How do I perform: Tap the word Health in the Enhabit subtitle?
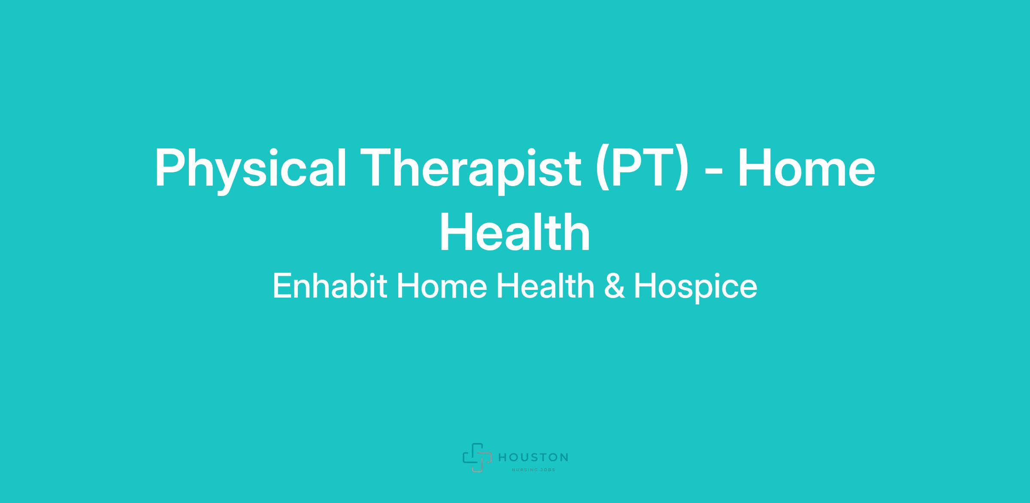click(545, 286)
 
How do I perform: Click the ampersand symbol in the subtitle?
click(614, 286)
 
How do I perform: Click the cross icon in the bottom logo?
click(477, 457)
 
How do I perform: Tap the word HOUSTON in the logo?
click(533, 458)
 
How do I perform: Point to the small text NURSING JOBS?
click(533, 470)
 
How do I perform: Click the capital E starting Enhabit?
click(282, 286)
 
